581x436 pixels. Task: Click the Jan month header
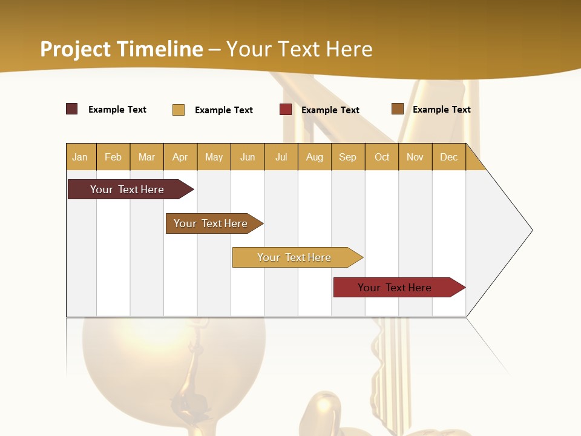[x=80, y=157]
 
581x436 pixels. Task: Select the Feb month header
[x=113, y=157]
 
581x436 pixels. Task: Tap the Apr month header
[x=180, y=157]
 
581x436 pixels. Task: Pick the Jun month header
[x=248, y=157]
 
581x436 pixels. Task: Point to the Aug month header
[x=314, y=157]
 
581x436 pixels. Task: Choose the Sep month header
[x=347, y=157]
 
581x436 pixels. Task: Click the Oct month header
[x=382, y=157]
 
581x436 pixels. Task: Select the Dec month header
[x=448, y=157]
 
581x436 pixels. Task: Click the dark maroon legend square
[x=72, y=109]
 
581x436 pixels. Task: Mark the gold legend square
[x=179, y=110]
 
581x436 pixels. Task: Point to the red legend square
[x=286, y=110]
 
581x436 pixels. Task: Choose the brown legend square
[x=398, y=109]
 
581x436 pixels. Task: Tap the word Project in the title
[x=76, y=49]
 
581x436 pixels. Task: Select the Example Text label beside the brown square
[x=441, y=110]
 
